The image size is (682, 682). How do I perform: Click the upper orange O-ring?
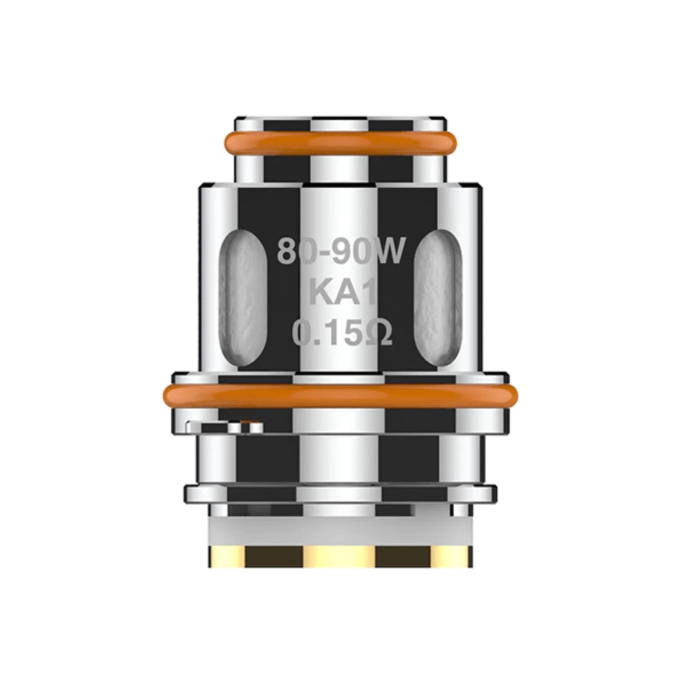pyautogui.click(x=340, y=140)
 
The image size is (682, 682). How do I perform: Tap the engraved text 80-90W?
pyautogui.click(x=340, y=252)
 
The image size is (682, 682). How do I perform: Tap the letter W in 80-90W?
pyautogui.click(x=390, y=252)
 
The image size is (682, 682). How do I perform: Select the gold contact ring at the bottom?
pyautogui.click(x=340, y=555)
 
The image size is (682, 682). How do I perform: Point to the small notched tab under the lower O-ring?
pyautogui.click(x=225, y=426)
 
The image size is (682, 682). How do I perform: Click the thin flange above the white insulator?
pyautogui.click(x=340, y=493)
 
